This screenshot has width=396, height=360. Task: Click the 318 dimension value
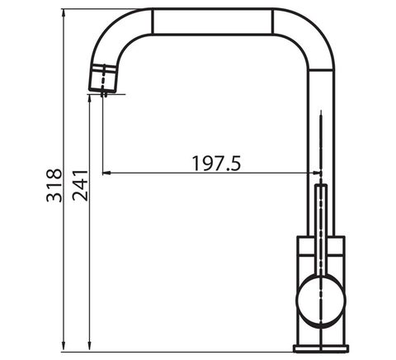coord(54,186)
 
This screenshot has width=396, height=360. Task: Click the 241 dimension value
coord(80,186)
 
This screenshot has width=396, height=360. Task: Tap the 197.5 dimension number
coord(216,163)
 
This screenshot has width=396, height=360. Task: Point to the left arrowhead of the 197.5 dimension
coord(106,173)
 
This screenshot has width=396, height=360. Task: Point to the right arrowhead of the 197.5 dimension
coord(316,173)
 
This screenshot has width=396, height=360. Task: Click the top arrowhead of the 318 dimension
coord(64,13)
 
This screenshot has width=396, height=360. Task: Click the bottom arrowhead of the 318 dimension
coord(64,347)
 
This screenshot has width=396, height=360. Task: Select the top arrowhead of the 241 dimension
coord(89,99)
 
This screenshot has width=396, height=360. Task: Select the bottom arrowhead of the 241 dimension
coord(89,347)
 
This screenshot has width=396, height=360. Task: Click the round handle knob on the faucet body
coord(321,301)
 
